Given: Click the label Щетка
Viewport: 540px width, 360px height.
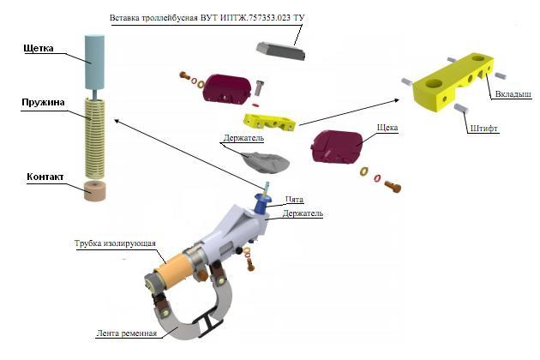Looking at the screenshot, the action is point(39,48).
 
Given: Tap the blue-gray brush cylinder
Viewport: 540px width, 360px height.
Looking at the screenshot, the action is point(94,62).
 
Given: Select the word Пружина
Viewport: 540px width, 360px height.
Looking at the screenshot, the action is point(43,102).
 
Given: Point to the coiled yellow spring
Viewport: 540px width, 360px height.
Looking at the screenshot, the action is point(94,138).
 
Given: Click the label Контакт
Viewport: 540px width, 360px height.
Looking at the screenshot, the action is point(45,177).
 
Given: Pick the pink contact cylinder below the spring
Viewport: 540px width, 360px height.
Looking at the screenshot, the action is point(94,190).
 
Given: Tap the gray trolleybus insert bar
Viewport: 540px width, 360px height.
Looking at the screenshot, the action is point(281,51).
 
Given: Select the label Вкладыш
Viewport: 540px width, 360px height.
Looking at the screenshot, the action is point(513,94).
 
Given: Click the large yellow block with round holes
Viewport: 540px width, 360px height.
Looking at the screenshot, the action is point(453,82).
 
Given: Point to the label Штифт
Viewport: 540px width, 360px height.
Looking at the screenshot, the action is point(483,129).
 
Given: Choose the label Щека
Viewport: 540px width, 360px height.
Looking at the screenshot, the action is point(387,128).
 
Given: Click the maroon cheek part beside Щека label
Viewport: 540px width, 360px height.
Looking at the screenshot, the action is point(337,147).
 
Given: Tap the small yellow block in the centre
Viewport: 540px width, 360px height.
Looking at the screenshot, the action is point(270,123).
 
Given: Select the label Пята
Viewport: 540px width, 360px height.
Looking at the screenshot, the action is point(294,199).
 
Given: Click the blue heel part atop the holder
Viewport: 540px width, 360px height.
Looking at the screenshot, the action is point(263,202).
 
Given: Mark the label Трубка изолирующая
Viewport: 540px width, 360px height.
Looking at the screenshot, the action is point(115,243).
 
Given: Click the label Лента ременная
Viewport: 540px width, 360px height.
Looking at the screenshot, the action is point(126,333).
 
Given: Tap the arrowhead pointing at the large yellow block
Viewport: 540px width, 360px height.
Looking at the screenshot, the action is point(397,100).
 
